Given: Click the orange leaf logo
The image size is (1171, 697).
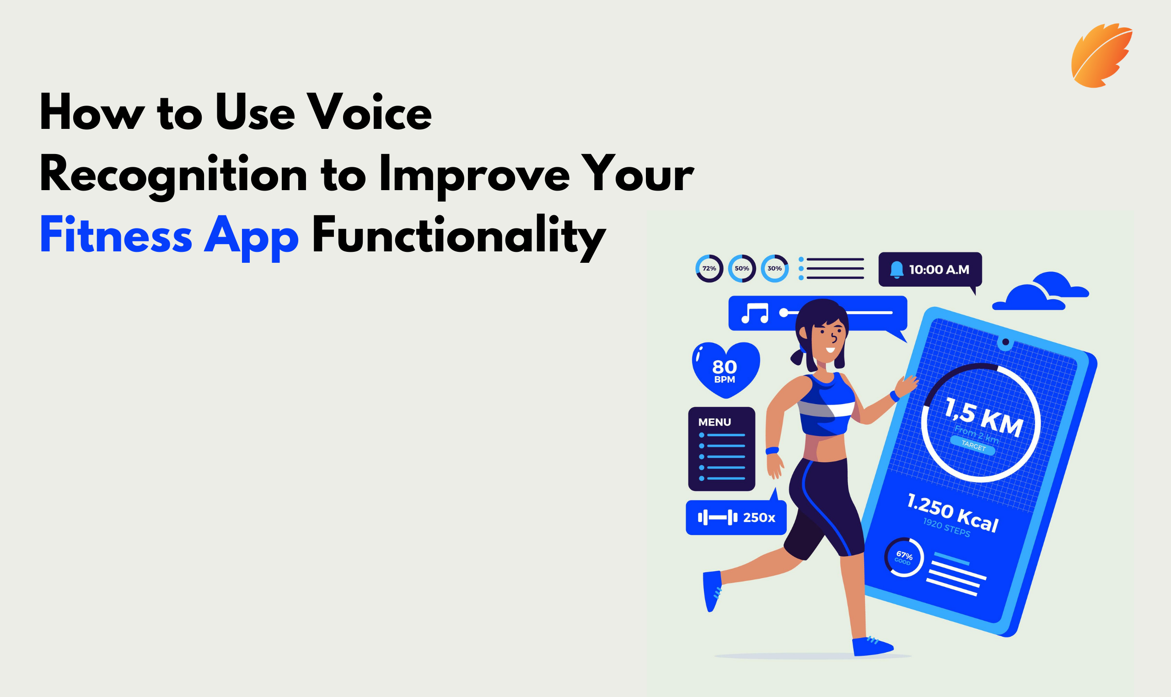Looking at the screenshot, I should click(1101, 56).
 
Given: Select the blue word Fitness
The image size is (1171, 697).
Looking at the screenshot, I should click(116, 234).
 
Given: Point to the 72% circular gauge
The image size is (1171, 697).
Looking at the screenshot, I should click(709, 268).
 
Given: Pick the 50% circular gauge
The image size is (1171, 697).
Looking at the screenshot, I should click(741, 268).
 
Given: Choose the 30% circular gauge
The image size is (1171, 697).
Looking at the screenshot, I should click(774, 268).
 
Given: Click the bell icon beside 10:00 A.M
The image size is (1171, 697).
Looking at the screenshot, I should click(897, 270).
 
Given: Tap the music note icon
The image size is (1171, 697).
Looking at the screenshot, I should click(755, 313).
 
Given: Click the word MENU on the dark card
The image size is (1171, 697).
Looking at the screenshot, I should click(714, 422).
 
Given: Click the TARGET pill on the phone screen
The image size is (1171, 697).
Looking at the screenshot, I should click(972, 445).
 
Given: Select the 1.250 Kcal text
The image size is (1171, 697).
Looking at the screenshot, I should click(952, 512).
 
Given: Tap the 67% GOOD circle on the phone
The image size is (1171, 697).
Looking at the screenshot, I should click(903, 558).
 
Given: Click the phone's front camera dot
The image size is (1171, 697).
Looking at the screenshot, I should click(1005, 342).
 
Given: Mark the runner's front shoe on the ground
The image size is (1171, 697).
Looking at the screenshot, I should click(872, 647).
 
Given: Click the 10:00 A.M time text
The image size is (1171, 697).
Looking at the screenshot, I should click(939, 270).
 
